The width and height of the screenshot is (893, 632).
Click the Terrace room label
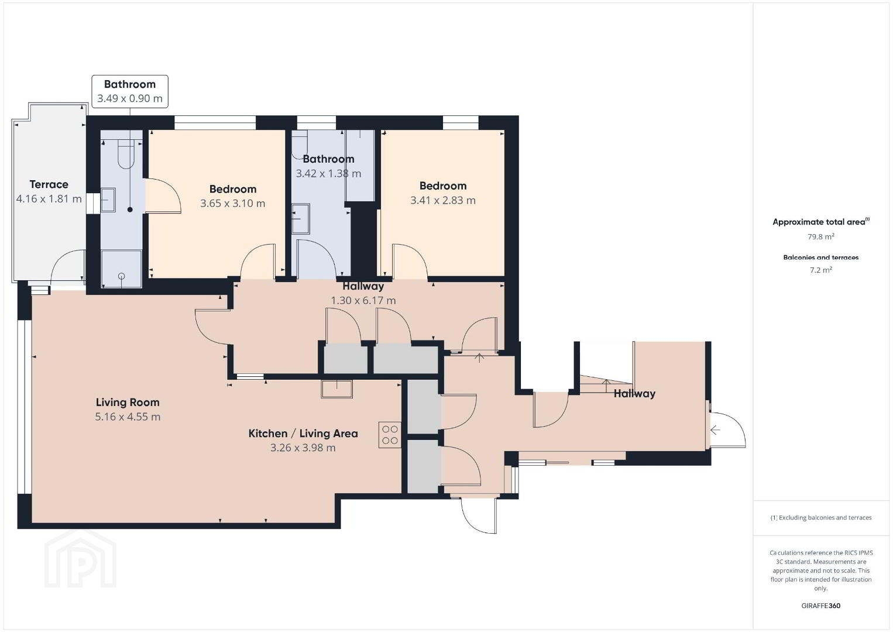pyautogui.click(x=49, y=184)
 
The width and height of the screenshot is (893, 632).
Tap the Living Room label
pyautogui.click(x=128, y=403)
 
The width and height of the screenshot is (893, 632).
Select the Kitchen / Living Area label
pyautogui.click(x=303, y=434)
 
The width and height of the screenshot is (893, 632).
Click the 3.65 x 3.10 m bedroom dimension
pyautogui.click(x=233, y=204)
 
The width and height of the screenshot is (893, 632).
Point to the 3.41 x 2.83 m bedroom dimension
pyautogui.click(x=443, y=200)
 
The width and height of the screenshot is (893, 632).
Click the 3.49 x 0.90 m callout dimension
pyautogui.click(x=130, y=98)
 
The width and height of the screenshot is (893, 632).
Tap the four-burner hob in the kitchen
pyautogui.click(x=390, y=435)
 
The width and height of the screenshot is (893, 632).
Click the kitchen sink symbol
pyautogui.click(x=337, y=389)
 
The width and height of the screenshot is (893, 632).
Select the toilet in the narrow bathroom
pyautogui.click(x=127, y=156)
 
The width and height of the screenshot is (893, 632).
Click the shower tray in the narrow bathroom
pyautogui.click(x=121, y=269)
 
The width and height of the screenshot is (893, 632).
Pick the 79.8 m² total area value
pyautogui.click(x=821, y=236)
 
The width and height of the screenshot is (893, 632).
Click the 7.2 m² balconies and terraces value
pyautogui.click(x=821, y=270)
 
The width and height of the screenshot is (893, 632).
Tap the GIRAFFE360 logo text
pyautogui.click(x=821, y=606)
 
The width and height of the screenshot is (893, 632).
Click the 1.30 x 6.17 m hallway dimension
pyautogui.click(x=363, y=300)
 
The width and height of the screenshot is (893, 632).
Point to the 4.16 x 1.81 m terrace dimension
pyautogui.click(x=49, y=198)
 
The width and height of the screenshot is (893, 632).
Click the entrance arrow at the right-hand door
pyautogui.click(x=715, y=430)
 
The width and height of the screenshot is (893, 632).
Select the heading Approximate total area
pyautogui.click(x=821, y=222)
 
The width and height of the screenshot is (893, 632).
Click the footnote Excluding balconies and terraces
pyautogui.click(x=821, y=517)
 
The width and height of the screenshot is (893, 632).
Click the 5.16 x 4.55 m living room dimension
pyautogui.click(x=128, y=417)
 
